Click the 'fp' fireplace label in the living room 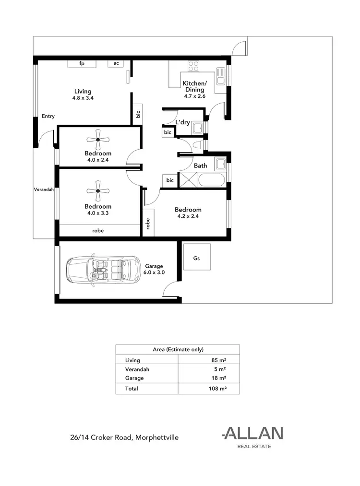(x=82, y=63)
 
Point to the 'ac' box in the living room (x=116, y=63)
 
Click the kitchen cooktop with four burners (x=193, y=66)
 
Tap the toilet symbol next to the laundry (x=197, y=145)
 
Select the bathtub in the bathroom (x=210, y=181)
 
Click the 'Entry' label (x=48, y=116)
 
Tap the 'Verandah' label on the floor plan (x=44, y=190)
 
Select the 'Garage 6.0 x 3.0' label (x=154, y=269)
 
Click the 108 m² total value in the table (x=218, y=389)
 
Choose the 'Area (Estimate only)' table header (x=178, y=350)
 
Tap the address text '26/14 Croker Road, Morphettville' (x=124, y=437)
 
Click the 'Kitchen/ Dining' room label (x=194, y=87)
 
